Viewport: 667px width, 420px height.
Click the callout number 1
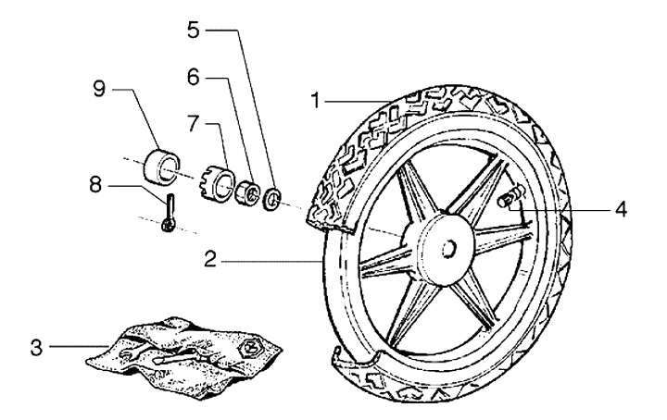(316, 100)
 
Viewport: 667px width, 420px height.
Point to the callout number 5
(193, 30)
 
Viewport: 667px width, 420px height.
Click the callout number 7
(193, 121)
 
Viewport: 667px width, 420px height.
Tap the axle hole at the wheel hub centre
(448, 248)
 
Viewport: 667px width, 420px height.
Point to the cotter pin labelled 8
(168, 214)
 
